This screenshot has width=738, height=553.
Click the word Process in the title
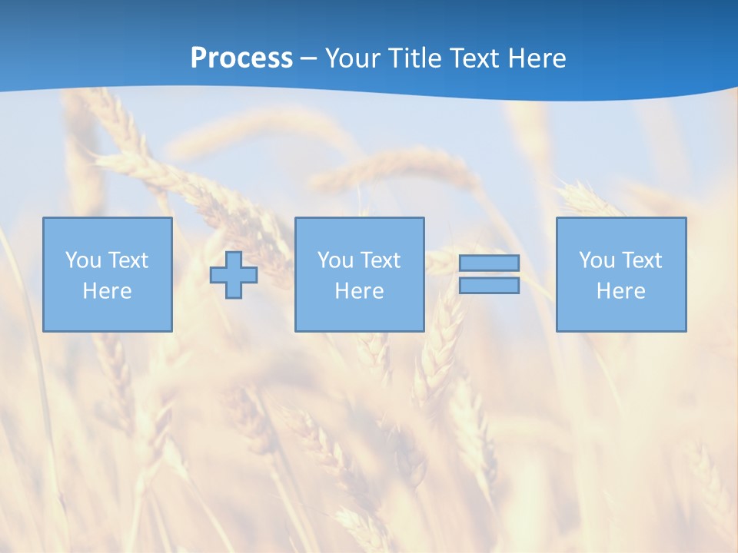[x=241, y=58]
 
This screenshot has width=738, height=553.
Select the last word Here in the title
[x=537, y=58]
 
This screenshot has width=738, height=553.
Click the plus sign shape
[x=234, y=275]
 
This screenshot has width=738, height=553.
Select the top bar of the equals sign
[x=489, y=263]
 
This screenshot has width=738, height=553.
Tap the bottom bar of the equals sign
[x=489, y=286]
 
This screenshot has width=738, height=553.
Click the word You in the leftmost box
[x=83, y=260]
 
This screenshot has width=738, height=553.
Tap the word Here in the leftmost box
[x=108, y=291]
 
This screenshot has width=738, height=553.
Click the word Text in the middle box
[x=380, y=260]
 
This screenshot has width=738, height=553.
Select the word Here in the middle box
[x=359, y=291]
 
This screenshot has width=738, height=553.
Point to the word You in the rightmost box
[x=597, y=260]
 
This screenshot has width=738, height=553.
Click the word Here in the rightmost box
[x=621, y=291]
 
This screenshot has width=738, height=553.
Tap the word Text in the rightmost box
[x=641, y=260]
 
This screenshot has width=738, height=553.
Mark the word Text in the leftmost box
[x=128, y=260]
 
